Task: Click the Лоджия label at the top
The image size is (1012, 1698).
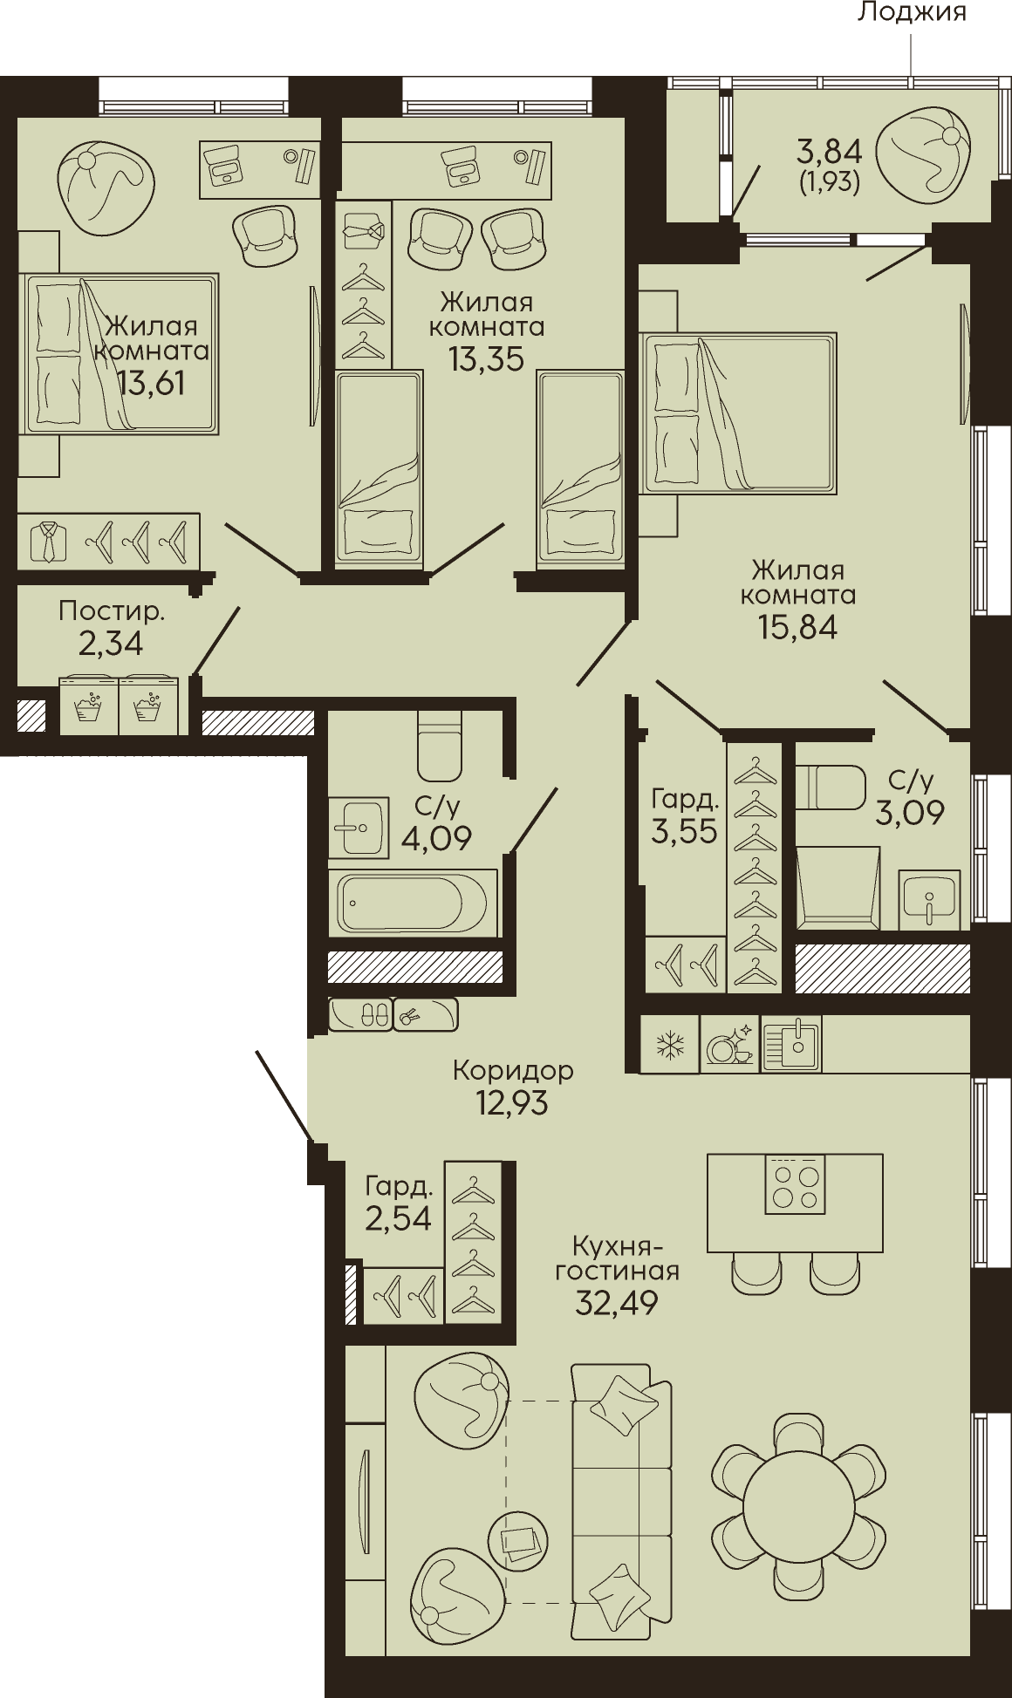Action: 912,11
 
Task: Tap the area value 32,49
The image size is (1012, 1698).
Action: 617,1303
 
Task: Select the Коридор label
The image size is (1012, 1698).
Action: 513,1070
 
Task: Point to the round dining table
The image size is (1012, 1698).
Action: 798,1499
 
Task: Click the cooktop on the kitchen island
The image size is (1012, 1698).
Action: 795,1184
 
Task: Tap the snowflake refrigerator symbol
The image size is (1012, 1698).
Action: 670,1044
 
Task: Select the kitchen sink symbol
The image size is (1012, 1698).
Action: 791,1044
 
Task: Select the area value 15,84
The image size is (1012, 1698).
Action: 797,627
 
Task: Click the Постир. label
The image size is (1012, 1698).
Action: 112,612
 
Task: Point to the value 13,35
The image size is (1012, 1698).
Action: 486,358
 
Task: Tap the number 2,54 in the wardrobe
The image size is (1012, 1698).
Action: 399,1217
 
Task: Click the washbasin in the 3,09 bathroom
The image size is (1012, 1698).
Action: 929,899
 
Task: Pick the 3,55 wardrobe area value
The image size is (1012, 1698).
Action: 684,831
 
